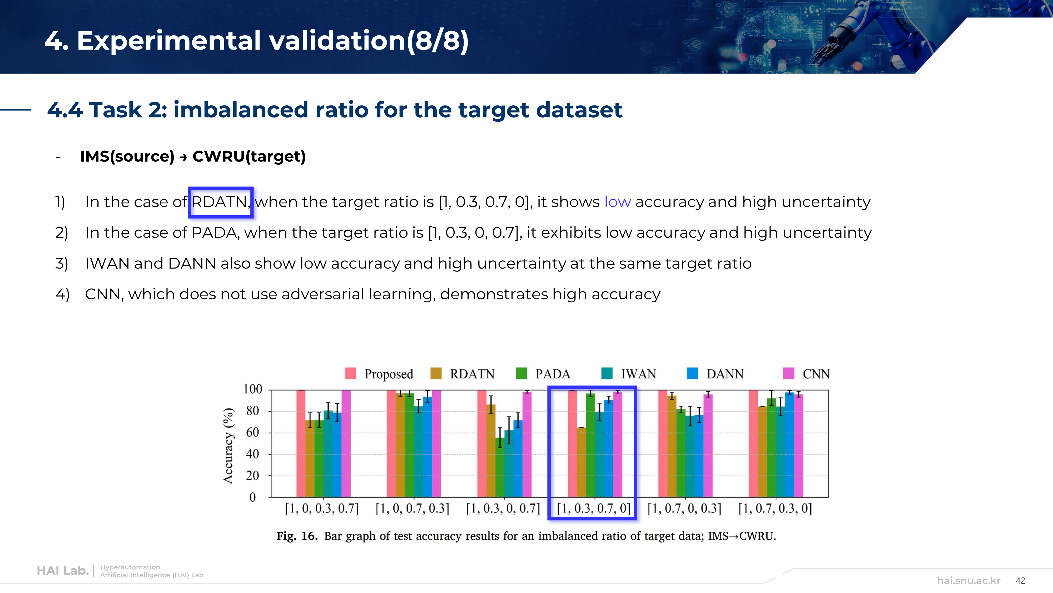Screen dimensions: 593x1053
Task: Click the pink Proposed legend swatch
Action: coord(350,373)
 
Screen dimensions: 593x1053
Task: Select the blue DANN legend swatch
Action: coord(692,373)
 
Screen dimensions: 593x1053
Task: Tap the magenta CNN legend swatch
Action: coord(788,373)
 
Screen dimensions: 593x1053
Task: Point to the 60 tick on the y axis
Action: coord(252,432)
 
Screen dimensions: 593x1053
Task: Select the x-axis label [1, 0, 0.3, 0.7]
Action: coord(321,509)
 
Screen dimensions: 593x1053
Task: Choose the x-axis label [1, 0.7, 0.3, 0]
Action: coord(775,509)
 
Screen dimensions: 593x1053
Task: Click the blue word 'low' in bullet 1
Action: coord(617,202)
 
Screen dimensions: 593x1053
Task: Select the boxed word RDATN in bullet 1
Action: coord(220,202)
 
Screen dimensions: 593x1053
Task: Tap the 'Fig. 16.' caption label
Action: coord(297,536)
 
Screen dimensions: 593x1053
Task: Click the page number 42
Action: coord(1020,581)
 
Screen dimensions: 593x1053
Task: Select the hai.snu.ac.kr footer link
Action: coord(968,581)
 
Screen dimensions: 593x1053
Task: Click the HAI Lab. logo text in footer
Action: coord(63,571)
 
